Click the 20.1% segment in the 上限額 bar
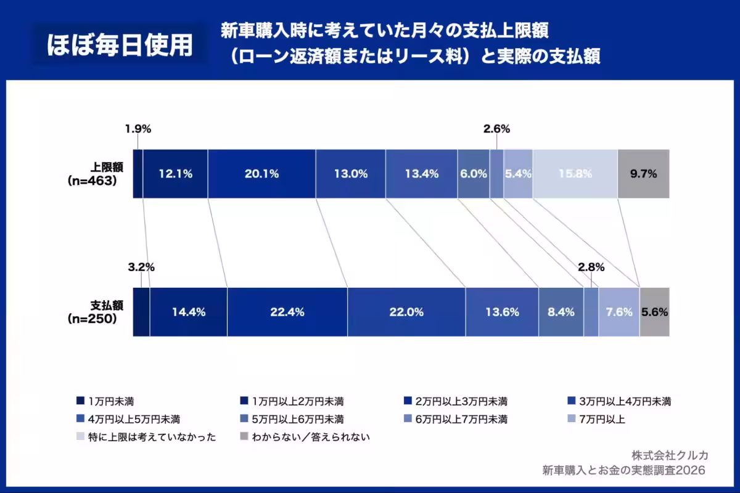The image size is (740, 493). coord(261,174)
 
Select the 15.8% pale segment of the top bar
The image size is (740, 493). coord(575,174)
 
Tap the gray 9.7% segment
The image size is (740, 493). coord(643,174)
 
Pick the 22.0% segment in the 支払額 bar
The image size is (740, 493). coord(406,312)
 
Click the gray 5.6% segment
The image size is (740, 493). coord(654,312)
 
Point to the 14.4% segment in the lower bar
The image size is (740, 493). coord(188,312)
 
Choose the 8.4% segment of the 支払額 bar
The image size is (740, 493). coord(561,312)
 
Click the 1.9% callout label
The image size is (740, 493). coord(138,129)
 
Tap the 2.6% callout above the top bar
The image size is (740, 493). coord(496,129)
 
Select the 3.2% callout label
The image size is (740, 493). coord(141,267)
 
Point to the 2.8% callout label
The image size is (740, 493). coord(591,267)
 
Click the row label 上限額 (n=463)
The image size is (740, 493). coord(101,174)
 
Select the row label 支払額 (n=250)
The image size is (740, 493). coord(101,312)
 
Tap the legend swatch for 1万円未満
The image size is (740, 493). coord(80,401)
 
